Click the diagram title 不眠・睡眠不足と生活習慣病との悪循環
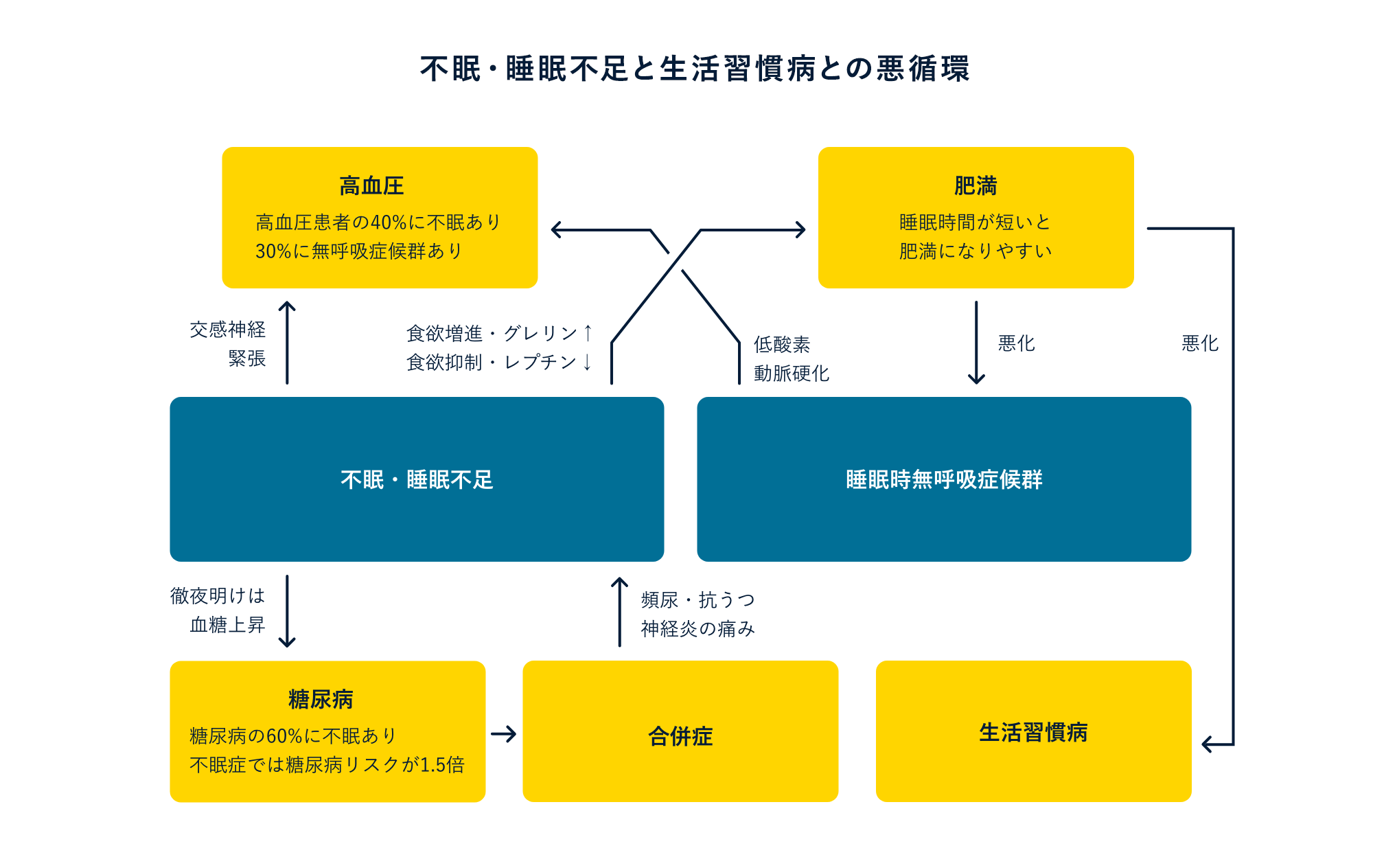695,69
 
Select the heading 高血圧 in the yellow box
371,186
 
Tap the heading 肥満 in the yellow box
975,186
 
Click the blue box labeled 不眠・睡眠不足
417,479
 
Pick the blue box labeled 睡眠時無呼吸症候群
944,479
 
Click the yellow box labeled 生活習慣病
1033,732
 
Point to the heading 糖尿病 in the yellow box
321,699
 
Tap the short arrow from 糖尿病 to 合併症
504,734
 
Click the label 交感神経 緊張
228,344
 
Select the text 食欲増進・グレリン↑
498,333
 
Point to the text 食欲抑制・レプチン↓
498,362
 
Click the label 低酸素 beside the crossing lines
782,344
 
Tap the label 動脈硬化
792,373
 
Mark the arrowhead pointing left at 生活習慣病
1208,744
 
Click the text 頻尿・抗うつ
697,599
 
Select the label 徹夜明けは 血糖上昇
218,610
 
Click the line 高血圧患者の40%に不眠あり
378,222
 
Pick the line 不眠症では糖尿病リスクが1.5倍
327,764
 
